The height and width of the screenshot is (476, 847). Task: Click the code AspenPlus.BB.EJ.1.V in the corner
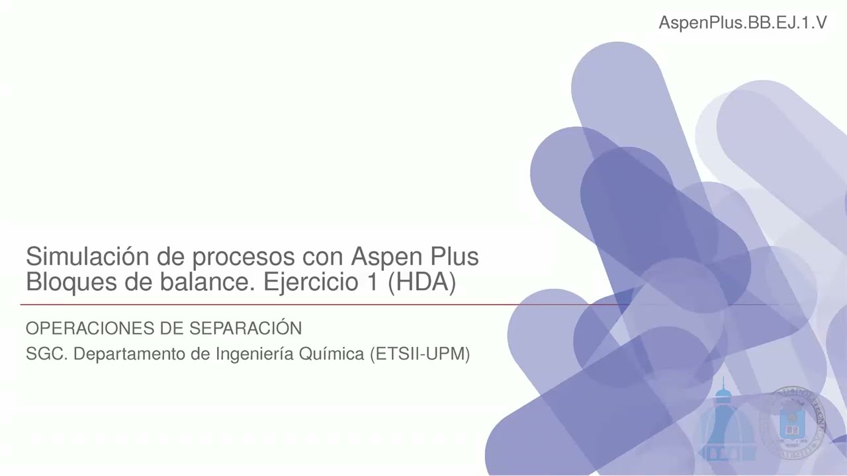tap(742, 23)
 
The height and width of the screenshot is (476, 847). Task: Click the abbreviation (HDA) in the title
tap(422, 283)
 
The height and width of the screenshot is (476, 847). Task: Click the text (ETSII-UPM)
tap(420, 355)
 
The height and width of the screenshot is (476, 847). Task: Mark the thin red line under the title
tap(265, 305)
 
